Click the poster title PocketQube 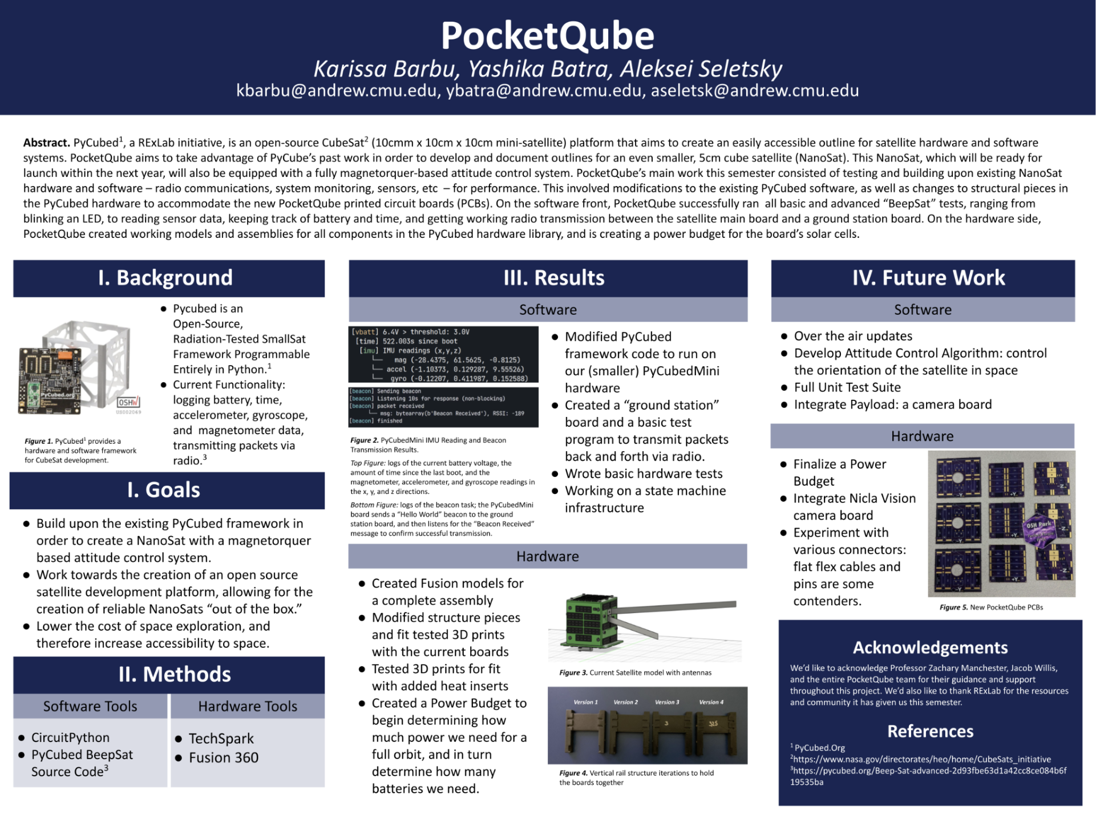547,36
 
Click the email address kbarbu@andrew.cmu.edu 337,91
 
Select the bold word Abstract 46,143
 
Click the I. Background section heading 165,278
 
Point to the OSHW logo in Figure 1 128,402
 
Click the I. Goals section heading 164,490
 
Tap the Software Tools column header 90,706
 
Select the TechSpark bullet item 221,739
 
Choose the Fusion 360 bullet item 223,757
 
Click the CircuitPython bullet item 70,737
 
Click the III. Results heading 553,278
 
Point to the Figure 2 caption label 364,440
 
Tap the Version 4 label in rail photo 711,702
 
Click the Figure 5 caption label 953,607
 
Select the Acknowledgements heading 930,648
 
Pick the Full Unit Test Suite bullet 847,387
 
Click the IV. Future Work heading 928,278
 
